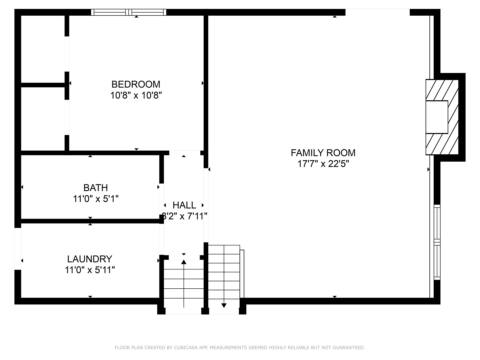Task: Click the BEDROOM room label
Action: coord(136,84)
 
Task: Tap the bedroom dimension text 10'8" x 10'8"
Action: coord(136,96)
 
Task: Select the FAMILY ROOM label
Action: coord(323,153)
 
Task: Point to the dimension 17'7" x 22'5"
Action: coord(323,164)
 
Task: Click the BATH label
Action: coord(96,188)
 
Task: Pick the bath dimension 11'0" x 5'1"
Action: coord(96,199)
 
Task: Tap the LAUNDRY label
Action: coord(90,259)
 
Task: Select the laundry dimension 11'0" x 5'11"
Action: coord(90,270)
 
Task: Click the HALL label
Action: coord(184,205)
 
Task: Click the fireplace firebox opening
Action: coord(437,117)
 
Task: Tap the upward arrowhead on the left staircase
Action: coord(184,262)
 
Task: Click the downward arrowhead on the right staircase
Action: coord(224,305)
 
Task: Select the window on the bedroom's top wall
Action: coord(129,12)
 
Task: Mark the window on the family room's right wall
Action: coord(437,242)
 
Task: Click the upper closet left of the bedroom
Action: coord(43,49)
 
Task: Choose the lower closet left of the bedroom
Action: coord(43,119)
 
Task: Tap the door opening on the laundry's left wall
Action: coord(18,249)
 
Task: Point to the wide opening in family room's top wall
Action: coord(377,12)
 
